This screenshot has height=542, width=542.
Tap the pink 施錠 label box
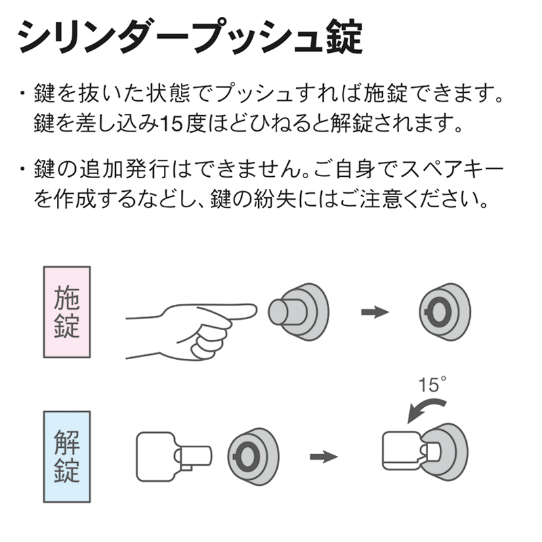67,312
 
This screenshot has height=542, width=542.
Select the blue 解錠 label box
67,457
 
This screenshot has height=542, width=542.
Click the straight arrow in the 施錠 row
375,312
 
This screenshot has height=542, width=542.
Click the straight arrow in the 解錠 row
323,457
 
